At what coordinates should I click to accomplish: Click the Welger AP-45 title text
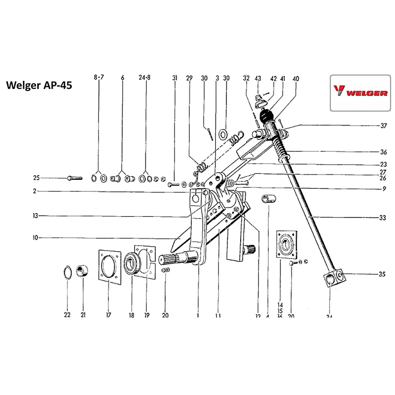(x=39, y=86)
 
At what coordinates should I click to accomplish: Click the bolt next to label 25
(x=75, y=178)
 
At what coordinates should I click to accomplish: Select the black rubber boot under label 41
(x=265, y=116)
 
